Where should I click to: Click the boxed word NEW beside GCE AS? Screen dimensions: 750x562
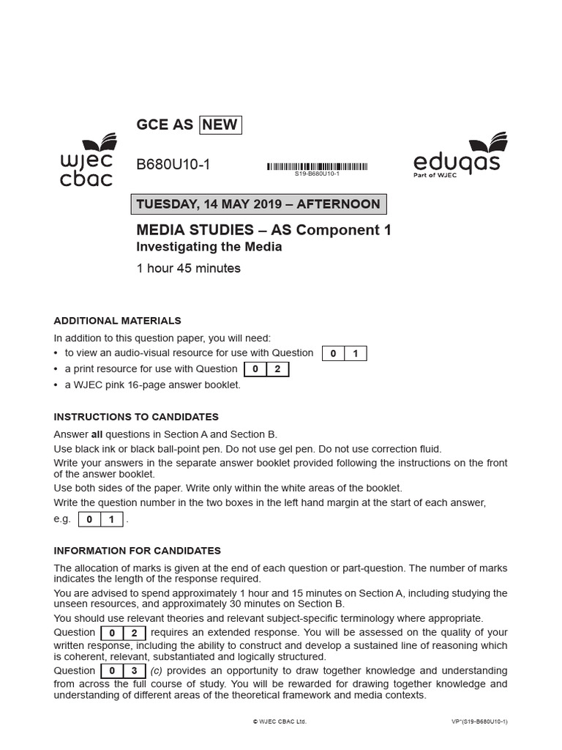pos(220,125)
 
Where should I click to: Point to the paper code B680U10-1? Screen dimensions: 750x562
pos(173,165)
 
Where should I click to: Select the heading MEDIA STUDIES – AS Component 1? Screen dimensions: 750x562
pos(263,230)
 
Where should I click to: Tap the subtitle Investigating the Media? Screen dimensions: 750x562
pos(209,247)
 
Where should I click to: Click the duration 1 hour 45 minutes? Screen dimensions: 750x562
pos(189,268)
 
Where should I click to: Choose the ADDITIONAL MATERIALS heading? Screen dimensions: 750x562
pos(118,321)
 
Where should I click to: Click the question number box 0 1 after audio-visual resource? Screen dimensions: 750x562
pos(344,354)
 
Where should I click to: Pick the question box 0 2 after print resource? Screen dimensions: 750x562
pos(266,369)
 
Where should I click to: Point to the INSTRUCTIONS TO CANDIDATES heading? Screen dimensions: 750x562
pos(136,417)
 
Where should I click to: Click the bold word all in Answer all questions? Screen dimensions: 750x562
pos(96,434)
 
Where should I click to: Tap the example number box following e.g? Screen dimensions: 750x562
pos(100,519)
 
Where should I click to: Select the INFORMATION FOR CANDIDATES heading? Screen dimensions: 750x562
pos(138,551)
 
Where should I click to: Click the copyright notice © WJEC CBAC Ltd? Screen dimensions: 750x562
pos(280,721)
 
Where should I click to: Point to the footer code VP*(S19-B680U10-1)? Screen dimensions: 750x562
pos(479,721)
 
